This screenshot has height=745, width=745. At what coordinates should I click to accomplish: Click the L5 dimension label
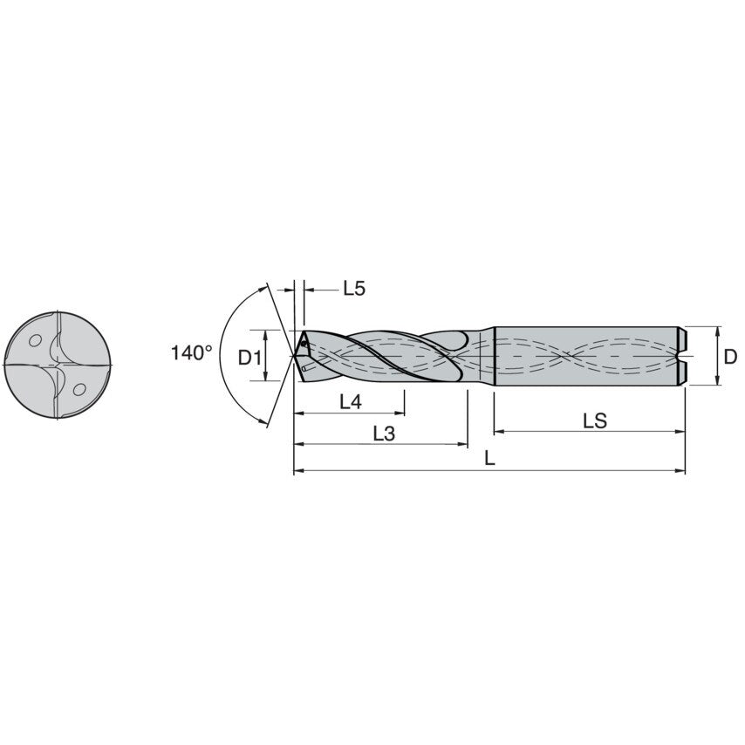[353, 289]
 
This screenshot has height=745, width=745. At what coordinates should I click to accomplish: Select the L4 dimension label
[351, 401]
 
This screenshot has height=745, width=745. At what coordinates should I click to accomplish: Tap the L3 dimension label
[385, 433]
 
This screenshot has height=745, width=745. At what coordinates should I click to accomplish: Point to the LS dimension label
[594, 420]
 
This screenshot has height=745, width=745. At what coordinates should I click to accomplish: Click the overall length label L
[489, 459]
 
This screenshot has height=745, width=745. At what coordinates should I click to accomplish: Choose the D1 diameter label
[250, 357]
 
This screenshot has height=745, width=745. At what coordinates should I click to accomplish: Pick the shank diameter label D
[730, 356]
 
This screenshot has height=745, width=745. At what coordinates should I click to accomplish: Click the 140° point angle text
[191, 353]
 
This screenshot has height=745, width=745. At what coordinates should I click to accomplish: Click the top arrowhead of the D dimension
[717, 331]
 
